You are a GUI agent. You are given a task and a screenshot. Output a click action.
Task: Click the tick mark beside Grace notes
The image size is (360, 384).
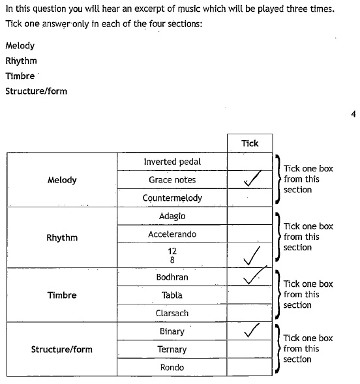click(x=252, y=179)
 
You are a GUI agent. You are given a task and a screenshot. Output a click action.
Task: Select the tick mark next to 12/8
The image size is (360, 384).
click(x=251, y=256)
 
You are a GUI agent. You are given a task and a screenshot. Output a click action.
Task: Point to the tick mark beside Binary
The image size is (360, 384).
click(x=251, y=331)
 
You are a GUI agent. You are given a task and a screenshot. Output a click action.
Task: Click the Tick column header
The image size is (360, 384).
click(x=250, y=143)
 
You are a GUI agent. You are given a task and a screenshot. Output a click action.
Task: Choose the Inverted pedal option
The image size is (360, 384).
click(x=172, y=162)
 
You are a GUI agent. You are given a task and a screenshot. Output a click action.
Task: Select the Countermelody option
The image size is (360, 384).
click(x=172, y=198)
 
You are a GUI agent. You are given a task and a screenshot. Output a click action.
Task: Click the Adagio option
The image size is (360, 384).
click(x=172, y=216)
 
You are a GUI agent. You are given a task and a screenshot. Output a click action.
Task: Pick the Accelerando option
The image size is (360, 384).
click(x=172, y=234)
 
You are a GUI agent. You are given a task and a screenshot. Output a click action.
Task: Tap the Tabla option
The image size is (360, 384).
click(x=172, y=295)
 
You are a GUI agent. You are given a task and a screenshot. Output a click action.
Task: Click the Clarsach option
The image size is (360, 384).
click(x=172, y=313)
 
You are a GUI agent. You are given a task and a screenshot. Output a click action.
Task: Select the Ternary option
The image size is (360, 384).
click(x=172, y=349)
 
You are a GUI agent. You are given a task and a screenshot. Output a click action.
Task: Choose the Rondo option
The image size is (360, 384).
click(x=172, y=367)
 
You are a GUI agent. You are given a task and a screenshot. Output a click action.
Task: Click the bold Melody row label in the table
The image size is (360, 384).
click(x=62, y=180)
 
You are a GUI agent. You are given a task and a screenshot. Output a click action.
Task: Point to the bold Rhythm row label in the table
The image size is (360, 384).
click(x=62, y=237)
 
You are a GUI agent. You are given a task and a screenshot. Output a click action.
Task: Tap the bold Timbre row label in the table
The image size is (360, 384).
click(x=62, y=295)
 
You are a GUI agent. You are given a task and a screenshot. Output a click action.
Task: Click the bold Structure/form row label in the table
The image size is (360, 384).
click(x=62, y=349)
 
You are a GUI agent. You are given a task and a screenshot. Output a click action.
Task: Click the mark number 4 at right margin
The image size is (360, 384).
click(x=353, y=114)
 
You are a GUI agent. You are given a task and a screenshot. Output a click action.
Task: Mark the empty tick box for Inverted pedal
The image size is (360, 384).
click(x=250, y=162)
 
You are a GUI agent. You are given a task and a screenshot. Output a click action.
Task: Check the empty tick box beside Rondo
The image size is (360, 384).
click(x=250, y=367)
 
